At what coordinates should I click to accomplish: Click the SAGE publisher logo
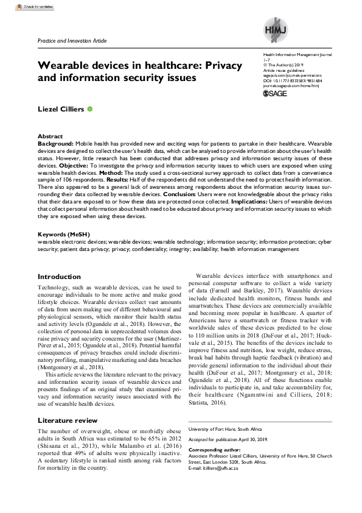275,94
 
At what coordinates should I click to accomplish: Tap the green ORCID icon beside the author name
90,108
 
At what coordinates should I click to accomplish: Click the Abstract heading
50,136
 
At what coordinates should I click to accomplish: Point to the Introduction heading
59,277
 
